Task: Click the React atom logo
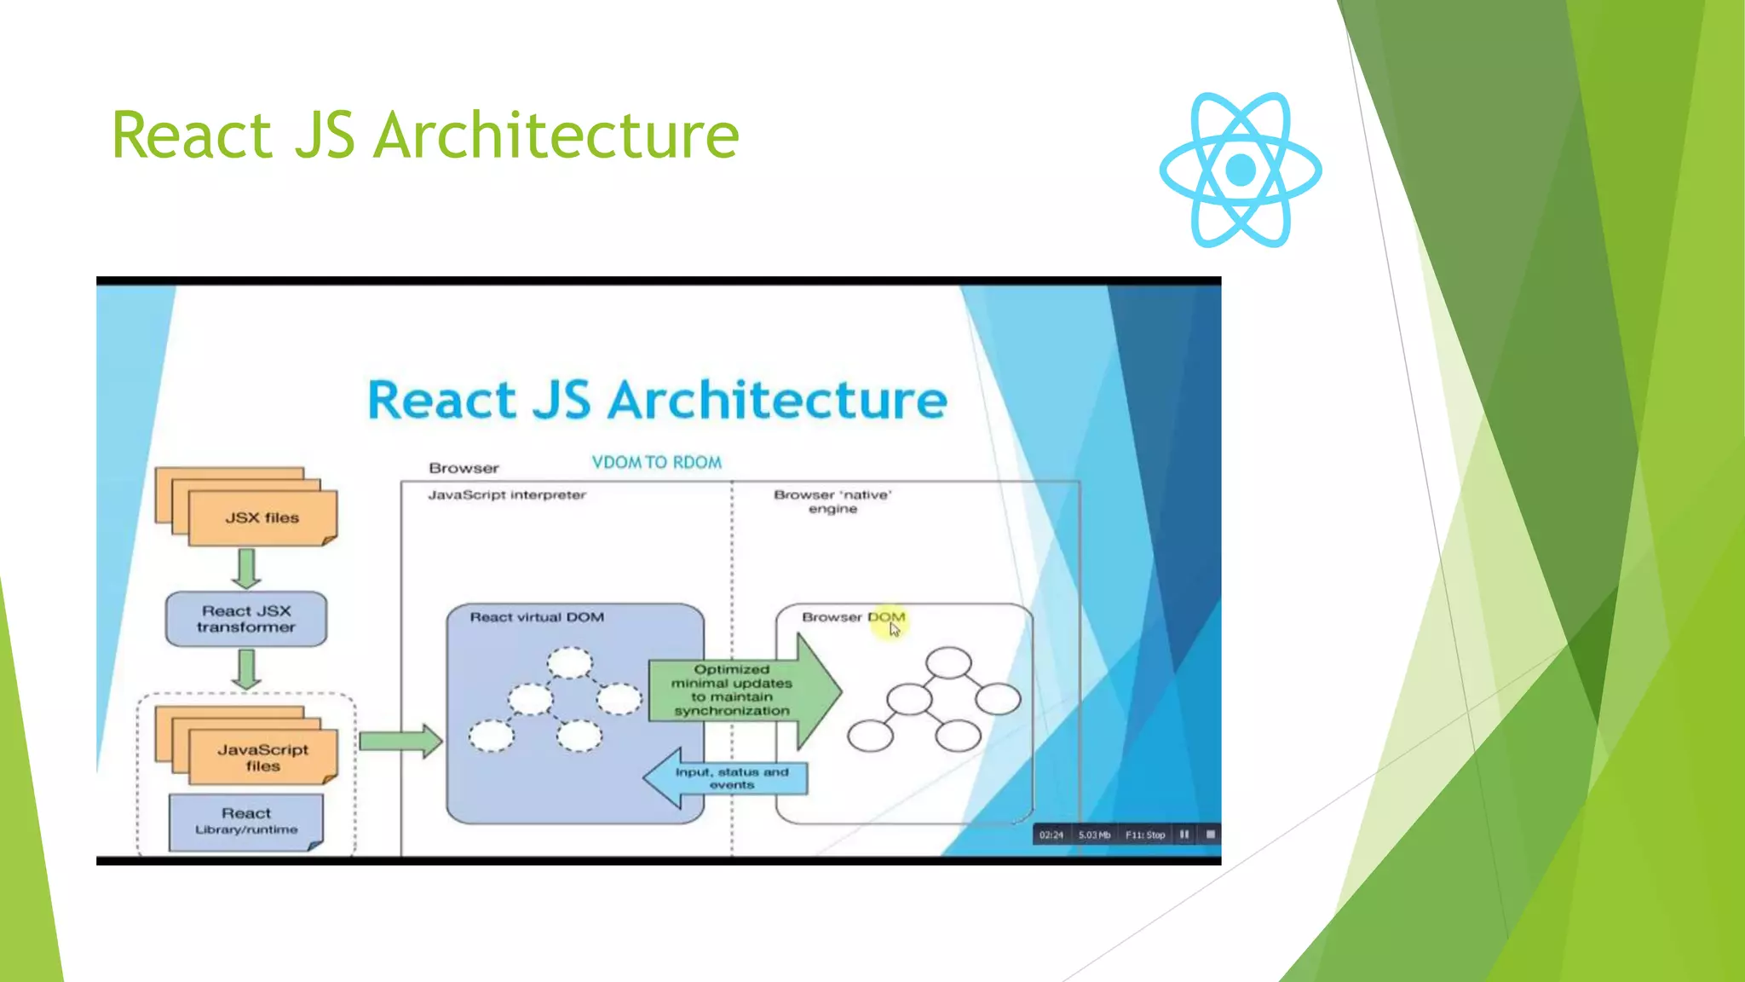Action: (x=1241, y=170)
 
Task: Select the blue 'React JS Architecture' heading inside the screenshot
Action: (x=657, y=400)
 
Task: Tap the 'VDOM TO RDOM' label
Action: (x=656, y=462)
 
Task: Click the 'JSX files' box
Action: (x=262, y=517)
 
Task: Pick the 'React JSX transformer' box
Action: (x=245, y=619)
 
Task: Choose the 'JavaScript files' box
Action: (x=262, y=757)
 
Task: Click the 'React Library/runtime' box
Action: (x=246, y=821)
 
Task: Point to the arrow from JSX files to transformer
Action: (x=246, y=568)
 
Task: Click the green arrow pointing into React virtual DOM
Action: (x=400, y=741)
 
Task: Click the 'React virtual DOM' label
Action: (x=537, y=617)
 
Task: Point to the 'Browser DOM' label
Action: (x=853, y=617)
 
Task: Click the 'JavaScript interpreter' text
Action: (x=507, y=494)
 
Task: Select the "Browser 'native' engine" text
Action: (x=832, y=501)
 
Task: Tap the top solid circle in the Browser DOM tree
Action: (x=948, y=662)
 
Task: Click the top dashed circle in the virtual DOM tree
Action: (x=569, y=662)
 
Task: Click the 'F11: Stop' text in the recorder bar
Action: (x=1144, y=835)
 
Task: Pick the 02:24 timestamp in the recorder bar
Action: (x=1051, y=835)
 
